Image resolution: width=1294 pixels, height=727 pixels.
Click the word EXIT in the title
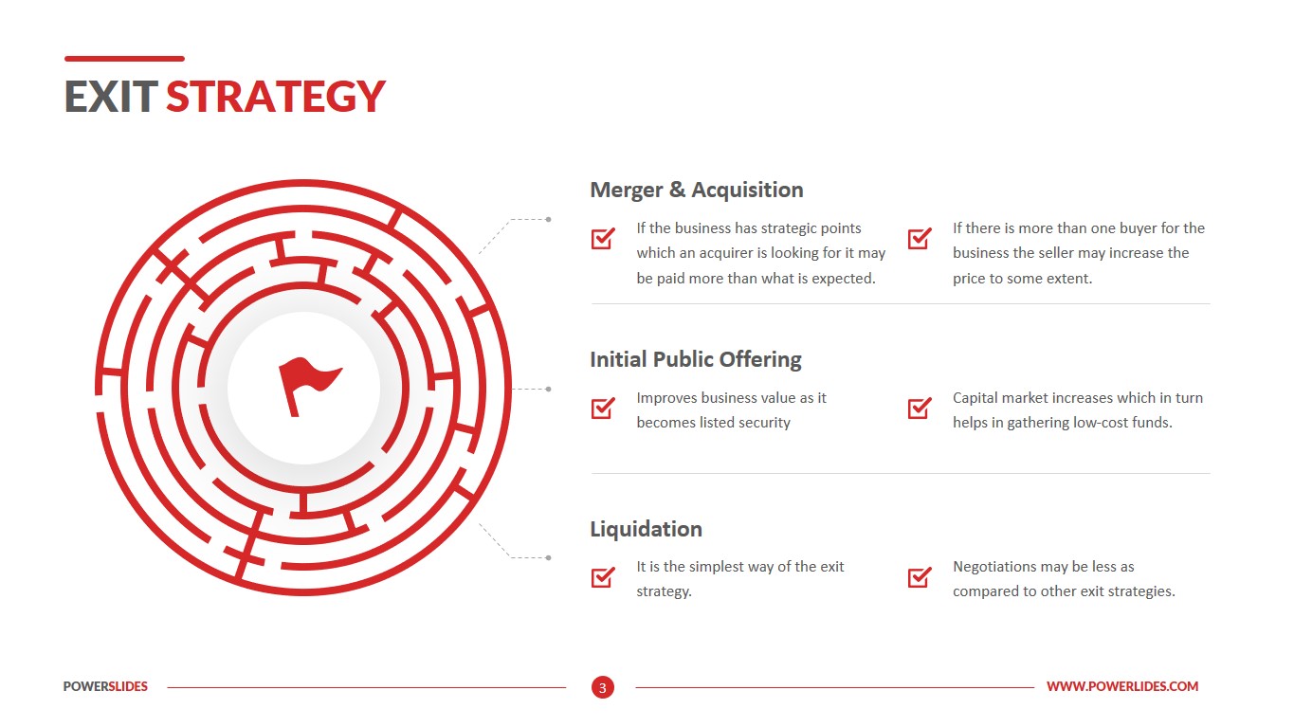[x=110, y=97]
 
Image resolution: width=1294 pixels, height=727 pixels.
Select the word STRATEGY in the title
[x=276, y=97]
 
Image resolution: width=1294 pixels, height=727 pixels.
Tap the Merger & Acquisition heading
[x=696, y=190]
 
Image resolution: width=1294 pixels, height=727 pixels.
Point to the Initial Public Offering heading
[x=695, y=359]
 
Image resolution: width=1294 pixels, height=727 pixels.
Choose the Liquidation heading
[x=646, y=529]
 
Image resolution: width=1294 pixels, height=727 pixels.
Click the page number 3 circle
[x=602, y=687]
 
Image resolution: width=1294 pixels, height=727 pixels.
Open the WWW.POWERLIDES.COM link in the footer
[x=1121, y=686]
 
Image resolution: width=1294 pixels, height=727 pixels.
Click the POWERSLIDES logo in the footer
[x=105, y=686]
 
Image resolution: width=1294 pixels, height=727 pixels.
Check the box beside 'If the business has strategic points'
[x=603, y=238]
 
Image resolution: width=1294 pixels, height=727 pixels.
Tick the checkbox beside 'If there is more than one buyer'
[x=919, y=238]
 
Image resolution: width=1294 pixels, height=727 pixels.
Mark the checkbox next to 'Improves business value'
[x=603, y=408]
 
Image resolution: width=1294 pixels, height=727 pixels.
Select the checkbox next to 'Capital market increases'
[x=919, y=408]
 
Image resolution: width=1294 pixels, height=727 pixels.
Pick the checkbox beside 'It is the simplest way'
[x=603, y=576]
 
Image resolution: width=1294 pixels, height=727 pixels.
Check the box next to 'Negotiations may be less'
[x=919, y=576]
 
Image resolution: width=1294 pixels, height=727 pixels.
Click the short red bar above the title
[x=124, y=59]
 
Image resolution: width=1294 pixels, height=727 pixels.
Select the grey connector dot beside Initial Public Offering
[x=548, y=389]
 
